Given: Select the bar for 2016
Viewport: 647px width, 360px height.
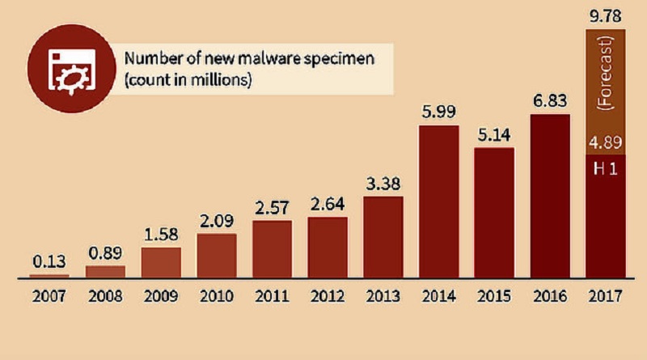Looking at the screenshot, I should click(549, 196).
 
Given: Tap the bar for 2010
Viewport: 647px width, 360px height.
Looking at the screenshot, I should click(217, 255).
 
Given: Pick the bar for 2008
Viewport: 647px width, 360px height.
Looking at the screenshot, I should click(105, 271).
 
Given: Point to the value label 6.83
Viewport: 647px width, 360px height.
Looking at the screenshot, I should click(549, 103).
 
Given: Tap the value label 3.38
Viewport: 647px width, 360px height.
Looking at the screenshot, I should click(383, 185).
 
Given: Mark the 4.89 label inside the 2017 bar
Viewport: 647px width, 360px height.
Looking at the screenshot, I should click(606, 144).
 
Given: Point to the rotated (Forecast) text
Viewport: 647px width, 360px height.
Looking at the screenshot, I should click(606, 81).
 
